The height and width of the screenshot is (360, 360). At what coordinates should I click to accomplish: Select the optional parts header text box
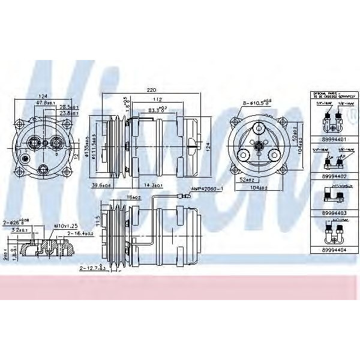[326, 95]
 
